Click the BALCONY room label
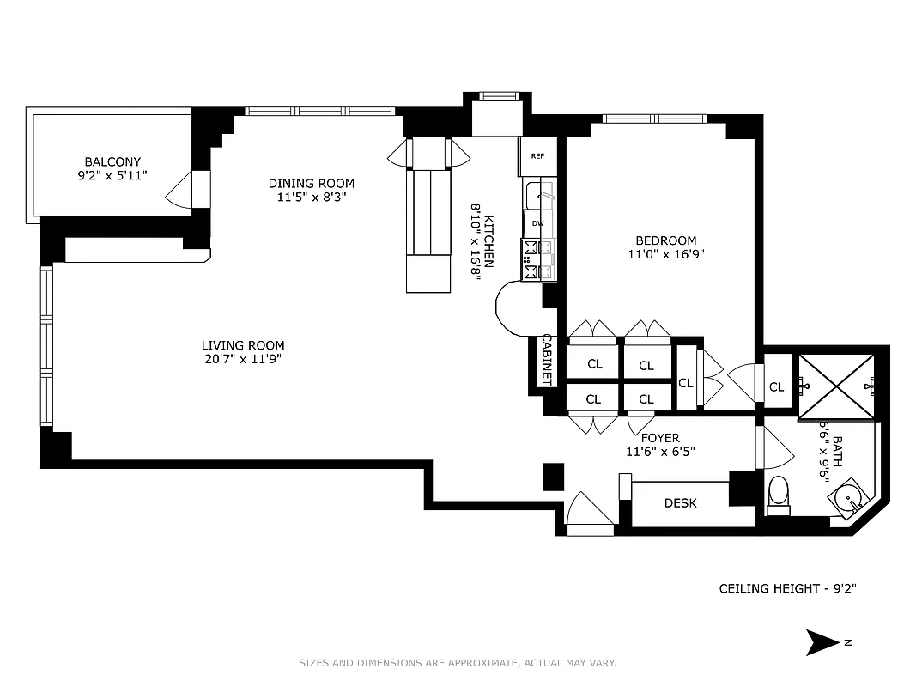tap(112, 161)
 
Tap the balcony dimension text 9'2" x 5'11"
tap(112, 175)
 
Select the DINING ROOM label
tap(311, 183)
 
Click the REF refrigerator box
tap(537, 156)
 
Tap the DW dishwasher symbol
tap(537, 223)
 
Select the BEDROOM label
tap(665, 240)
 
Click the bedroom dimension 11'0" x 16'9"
tap(665, 254)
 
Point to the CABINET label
tap(545, 359)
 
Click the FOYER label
tap(659, 438)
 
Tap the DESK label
tap(680, 503)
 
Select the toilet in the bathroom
tap(778, 494)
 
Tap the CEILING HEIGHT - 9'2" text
tap(787, 589)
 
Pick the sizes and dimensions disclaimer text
tap(458, 663)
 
